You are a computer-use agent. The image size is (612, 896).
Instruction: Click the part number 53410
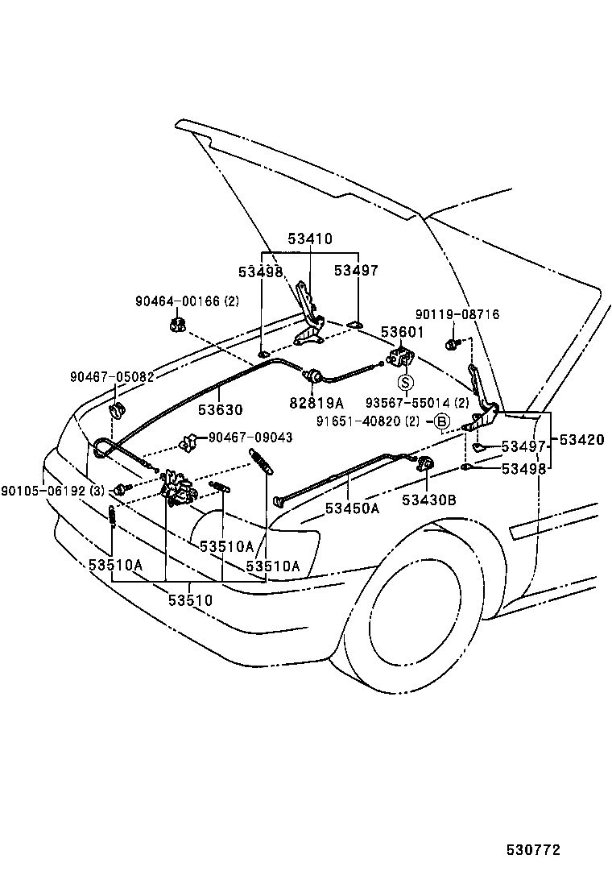[x=310, y=239]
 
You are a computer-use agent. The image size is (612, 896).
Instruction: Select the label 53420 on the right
[x=581, y=440]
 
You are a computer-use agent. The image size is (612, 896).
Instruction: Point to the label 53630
[x=221, y=410]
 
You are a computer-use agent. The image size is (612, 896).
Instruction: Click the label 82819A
[x=317, y=402]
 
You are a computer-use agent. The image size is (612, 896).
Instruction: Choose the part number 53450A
[x=352, y=508]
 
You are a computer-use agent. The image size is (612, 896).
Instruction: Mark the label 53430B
[x=429, y=500]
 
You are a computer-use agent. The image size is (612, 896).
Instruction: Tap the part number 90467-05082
[x=111, y=376]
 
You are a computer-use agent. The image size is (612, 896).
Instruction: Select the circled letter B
[x=441, y=421]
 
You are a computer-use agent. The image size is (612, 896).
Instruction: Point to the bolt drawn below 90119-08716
[x=452, y=345]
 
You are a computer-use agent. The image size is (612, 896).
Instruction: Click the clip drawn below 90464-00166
[x=178, y=325]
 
